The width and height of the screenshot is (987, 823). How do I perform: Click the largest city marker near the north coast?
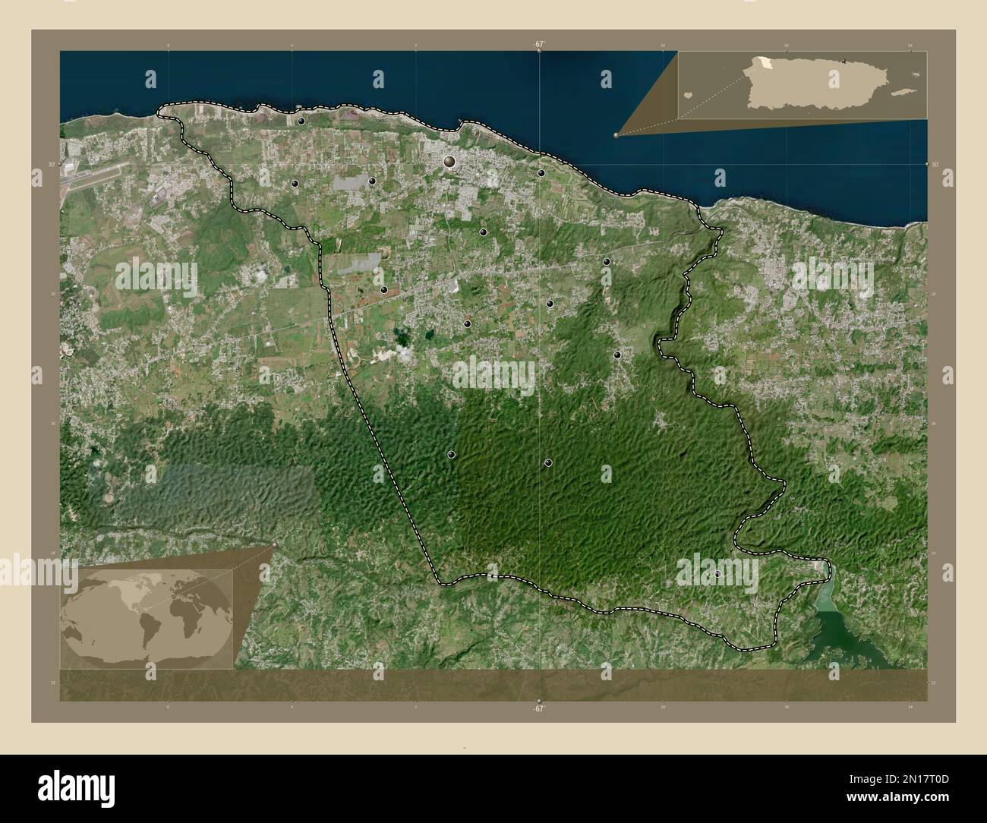click(x=449, y=161)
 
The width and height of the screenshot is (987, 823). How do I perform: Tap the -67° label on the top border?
click(x=538, y=45)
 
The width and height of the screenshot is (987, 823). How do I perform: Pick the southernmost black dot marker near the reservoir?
click(x=717, y=574)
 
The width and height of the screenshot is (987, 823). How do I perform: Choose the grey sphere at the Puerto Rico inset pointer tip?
click(x=616, y=135)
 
